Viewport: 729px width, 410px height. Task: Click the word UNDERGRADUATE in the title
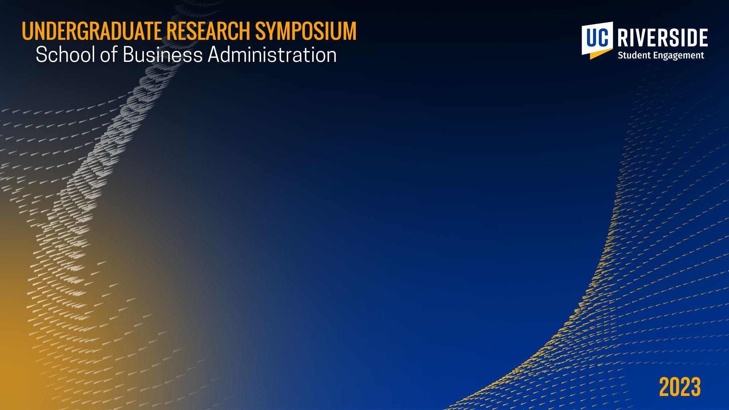92,31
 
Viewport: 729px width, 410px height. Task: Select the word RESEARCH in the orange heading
208,31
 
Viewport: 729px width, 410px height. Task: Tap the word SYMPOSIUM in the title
306,31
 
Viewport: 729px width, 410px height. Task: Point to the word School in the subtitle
66,55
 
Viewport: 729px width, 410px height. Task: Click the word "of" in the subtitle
109,55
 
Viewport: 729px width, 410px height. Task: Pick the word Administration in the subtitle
272,55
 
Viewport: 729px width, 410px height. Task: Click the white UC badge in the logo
597,38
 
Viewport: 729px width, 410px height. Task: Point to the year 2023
680,387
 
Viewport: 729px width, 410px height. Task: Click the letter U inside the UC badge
592,37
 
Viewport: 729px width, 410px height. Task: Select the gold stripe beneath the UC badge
601,54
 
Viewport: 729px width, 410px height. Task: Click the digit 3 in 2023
696,387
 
